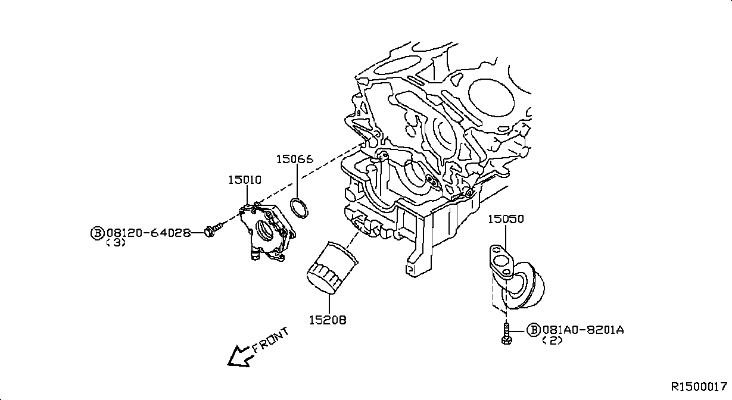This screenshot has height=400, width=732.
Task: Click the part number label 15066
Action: pyautogui.click(x=294, y=160)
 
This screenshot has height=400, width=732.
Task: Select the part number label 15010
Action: pyautogui.click(x=245, y=180)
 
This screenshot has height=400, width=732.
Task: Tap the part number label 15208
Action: pyautogui.click(x=328, y=320)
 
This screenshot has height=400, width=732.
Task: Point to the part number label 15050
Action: pyautogui.click(x=506, y=219)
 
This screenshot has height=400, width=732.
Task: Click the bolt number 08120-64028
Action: pyautogui.click(x=149, y=233)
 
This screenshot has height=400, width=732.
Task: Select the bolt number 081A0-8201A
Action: pyautogui.click(x=583, y=330)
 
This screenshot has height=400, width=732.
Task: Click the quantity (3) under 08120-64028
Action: pyautogui.click(x=116, y=243)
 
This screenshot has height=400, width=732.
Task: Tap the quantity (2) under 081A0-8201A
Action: pyautogui.click(x=552, y=340)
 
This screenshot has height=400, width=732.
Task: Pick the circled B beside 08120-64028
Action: pyautogui.click(x=97, y=233)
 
